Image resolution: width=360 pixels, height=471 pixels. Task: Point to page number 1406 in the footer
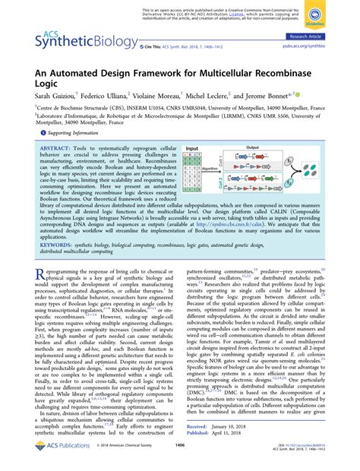click(x=180, y=457)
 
